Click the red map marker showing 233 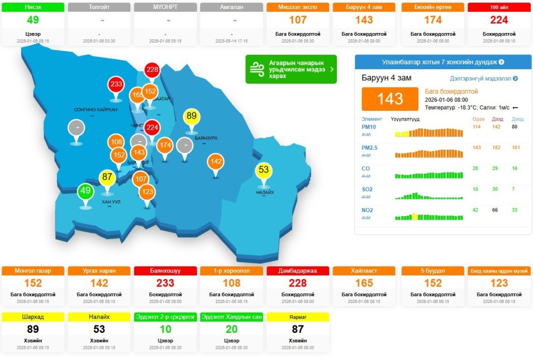116,85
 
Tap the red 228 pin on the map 152,70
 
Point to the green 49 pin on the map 85,191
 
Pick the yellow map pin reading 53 264,170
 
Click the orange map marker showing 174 165,145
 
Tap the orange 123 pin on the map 148,192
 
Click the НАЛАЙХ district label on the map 265,192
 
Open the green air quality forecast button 291,69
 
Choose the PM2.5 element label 369,148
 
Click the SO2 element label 367,189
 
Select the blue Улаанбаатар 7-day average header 443,62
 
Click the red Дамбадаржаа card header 297,271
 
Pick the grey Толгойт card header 99,7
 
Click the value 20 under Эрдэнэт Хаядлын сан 231,329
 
